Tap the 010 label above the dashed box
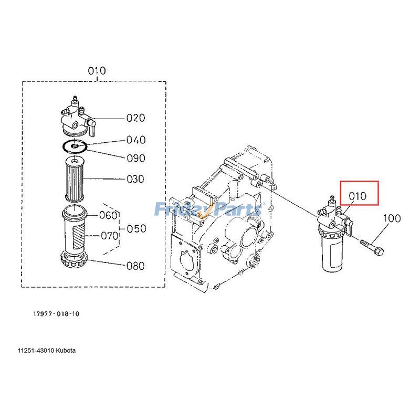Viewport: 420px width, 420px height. pos(97,70)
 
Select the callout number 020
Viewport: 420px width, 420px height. pos(135,118)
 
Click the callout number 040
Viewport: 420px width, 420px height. pos(135,140)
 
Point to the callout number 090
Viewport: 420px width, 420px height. pos(135,158)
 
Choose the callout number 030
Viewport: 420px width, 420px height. pos(135,179)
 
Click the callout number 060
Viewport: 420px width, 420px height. pos(109,215)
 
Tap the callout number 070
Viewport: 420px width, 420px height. pos(110,236)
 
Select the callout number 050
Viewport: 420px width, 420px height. pos(136,229)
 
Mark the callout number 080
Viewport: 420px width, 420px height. pos(135,266)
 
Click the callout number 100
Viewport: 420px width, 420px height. pos(391,218)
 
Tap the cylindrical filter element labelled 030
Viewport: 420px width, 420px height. pos(75,179)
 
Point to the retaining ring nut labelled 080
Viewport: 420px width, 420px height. pos(74,259)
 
